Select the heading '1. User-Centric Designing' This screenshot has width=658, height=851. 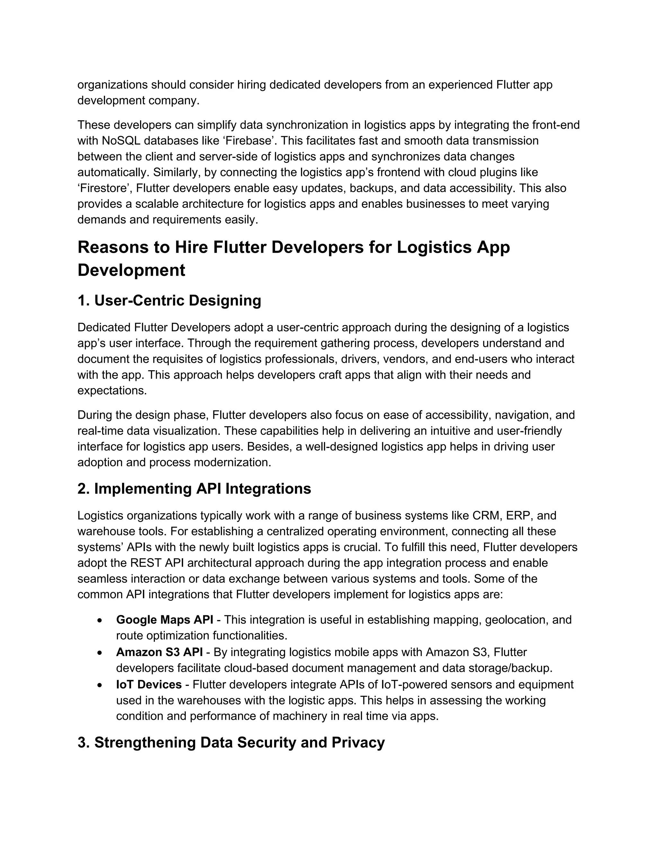click(169, 301)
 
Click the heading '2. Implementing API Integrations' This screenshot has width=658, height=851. click(194, 489)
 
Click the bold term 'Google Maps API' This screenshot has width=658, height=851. click(164, 619)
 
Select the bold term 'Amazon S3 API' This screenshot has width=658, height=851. click(159, 652)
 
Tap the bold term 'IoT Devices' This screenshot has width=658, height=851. click(148, 684)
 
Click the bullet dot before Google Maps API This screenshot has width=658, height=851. click(100, 620)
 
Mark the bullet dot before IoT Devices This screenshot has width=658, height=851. click(100, 685)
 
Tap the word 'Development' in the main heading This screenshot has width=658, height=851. click(131, 270)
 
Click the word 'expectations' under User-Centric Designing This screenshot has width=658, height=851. click(111, 391)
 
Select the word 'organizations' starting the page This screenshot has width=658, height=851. click(112, 84)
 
